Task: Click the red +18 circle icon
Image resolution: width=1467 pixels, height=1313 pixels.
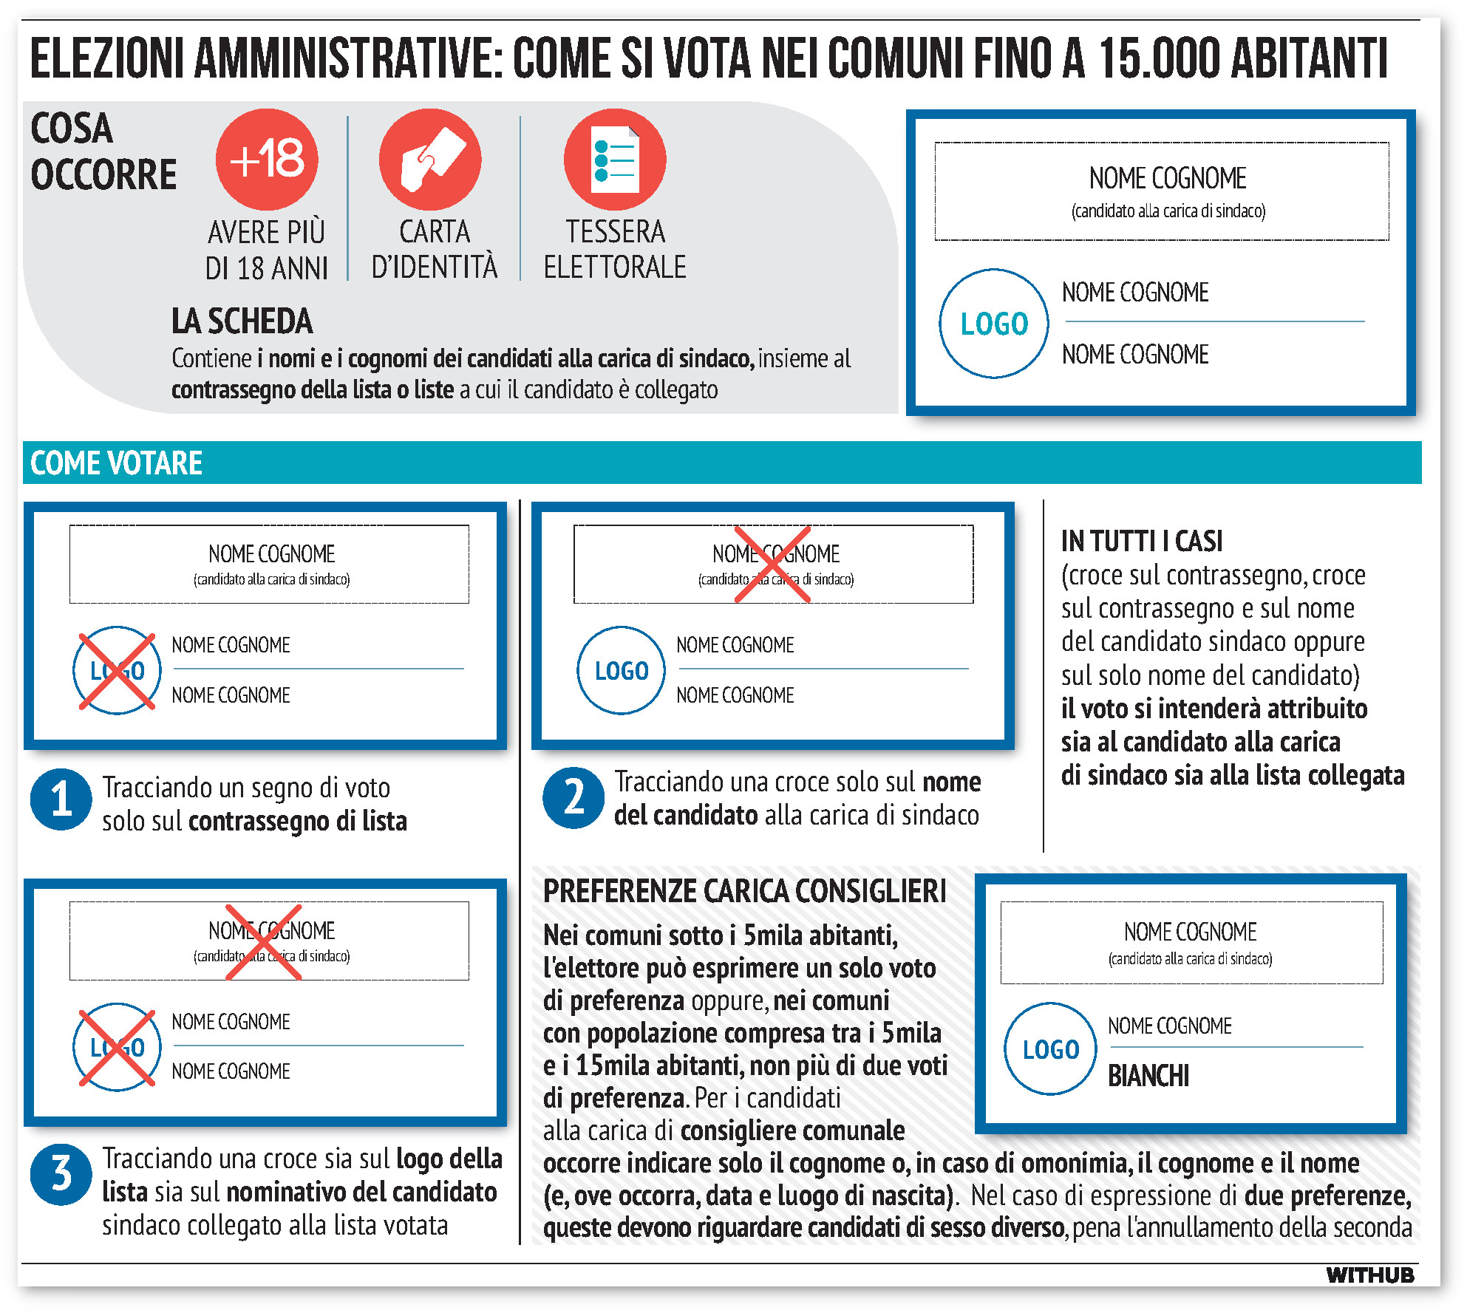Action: pyautogui.click(x=267, y=159)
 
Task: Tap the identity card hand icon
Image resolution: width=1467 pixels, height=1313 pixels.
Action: pyautogui.click(x=430, y=159)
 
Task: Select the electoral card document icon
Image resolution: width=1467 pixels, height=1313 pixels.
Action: pyautogui.click(x=615, y=159)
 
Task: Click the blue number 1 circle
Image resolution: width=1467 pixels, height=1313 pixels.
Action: pyautogui.click(x=61, y=799)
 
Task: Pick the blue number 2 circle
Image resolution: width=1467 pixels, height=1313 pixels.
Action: pyautogui.click(x=573, y=798)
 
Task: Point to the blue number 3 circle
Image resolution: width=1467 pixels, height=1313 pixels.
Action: pyautogui.click(x=61, y=1174)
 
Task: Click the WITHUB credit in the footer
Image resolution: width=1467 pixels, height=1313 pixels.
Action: pyautogui.click(x=1369, y=1275)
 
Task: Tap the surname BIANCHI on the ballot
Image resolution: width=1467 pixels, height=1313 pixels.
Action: pyautogui.click(x=1148, y=1076)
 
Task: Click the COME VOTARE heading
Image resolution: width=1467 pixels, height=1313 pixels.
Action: pyautogui.click(x=116, y=463)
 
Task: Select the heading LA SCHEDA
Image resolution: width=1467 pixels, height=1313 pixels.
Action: pyautogui.click(x=242, y=321)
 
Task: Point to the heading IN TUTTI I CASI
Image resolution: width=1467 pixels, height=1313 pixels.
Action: pyautogui.click(x=1142, y=541)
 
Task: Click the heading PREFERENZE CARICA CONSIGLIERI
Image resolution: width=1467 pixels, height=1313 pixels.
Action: pyautogui.click(x=744, y=891)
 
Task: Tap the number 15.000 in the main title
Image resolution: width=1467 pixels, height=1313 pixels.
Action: pyautogui.click(x=1160, y=58)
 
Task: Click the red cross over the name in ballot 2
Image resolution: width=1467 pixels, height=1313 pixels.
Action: pyautogui.click(x=773, y=565)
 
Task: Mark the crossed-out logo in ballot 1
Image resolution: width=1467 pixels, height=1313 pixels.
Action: pyautogui.click(x=118, y=671)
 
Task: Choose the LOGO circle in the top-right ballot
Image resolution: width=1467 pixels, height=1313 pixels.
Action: pyautogui.click(x=994, y=324)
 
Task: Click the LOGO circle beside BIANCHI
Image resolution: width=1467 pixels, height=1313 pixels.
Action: pyautogui.click(x=1051, y=1049)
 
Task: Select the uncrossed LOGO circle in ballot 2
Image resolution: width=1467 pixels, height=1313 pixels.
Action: pyautogui.click(x=622, y=671)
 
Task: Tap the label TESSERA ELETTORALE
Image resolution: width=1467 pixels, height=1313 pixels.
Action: pyautogui.click(x=615, y=249)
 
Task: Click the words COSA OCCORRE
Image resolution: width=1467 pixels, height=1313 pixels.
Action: pyautogui.click(x=103, y=151)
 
